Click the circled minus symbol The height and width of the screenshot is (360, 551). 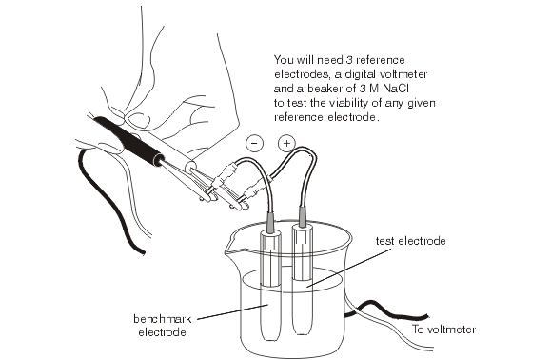pyautogui.click(x=255, y=144)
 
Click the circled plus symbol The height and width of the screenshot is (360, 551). pyautogui.click(x=286, y=143)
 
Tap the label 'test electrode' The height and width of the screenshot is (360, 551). pyautogui.click(x=410, y=241)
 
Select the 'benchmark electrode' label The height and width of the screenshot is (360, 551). pyautogui.click(x=162, y=326)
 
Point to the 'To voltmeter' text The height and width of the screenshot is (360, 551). pyautogui.click(x=443, y=330)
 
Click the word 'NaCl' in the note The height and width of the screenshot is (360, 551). pyautogui.click(x=395, y=89)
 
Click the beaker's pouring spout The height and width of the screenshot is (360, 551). pyautogui.click(x=230, y=246)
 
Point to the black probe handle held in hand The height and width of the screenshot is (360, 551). pyautogui.click(x=129, y=140)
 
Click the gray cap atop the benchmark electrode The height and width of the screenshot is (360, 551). pyautogui.click(x=270, y=222)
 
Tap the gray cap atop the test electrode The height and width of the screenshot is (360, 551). pyautogui.click(x=302, y=216)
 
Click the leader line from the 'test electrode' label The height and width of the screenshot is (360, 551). pyautogui.click(x=348, y=269)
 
